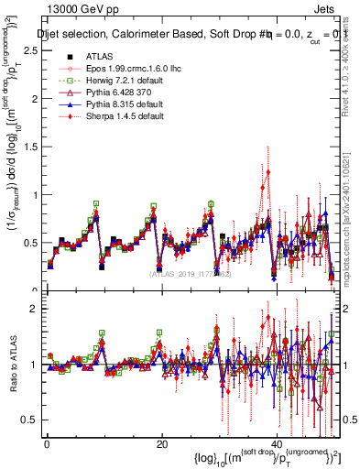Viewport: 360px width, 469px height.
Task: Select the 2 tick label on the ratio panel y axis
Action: coord(33,310)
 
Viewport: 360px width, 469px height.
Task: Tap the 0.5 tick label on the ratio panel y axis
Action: coord(29,420)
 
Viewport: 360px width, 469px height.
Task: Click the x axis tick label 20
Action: coord(161,445)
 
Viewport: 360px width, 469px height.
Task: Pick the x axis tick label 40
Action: coord(276,445)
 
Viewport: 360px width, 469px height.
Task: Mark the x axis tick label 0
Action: coord(47,445)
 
